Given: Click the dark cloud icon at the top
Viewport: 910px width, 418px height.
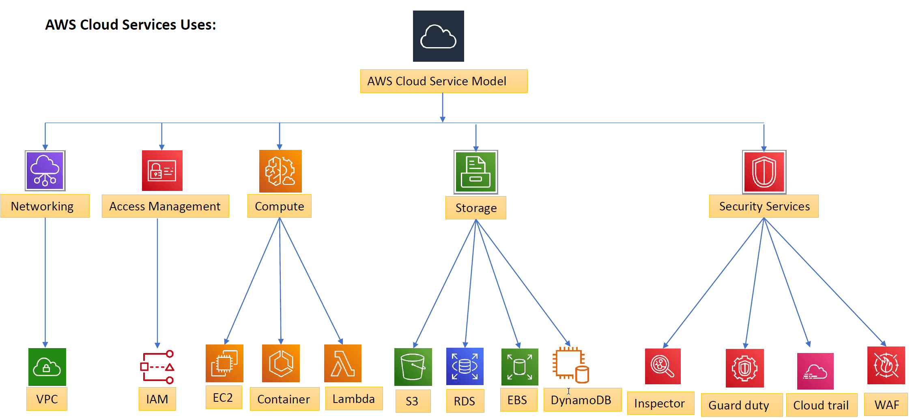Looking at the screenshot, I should pos(438,36).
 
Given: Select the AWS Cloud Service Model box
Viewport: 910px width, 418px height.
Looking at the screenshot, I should pos(443,81).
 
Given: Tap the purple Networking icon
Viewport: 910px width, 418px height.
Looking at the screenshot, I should pos(45,171).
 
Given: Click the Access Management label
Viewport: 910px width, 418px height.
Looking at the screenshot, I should pos(165,206).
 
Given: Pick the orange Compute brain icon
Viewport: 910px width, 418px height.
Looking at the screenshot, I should pos(280,171).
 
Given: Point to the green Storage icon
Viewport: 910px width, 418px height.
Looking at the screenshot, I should pos(475,172).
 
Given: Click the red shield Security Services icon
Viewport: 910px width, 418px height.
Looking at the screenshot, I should pos(764,172).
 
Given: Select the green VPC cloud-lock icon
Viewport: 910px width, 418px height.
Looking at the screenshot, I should pos(47,367).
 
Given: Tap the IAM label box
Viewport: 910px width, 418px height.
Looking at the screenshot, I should pos(157,399).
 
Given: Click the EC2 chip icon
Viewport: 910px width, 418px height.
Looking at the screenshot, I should pos(224,363).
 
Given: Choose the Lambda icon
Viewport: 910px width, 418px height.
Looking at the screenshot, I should pos(343,363).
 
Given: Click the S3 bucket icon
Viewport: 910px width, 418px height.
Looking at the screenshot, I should pos(413,367).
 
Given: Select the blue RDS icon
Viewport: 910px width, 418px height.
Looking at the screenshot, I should pos(465,366).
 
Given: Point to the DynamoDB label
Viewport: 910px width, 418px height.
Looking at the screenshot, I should pos(582,400).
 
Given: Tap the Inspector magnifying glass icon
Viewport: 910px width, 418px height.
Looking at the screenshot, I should pos(663,366).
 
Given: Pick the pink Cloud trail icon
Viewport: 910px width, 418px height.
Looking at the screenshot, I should pos(815,371).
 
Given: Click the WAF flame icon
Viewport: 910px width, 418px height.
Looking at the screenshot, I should pos(886,365).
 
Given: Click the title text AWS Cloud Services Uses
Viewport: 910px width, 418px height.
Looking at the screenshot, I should pos(131,25).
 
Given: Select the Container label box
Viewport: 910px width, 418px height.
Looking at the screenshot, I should pos(284,399).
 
